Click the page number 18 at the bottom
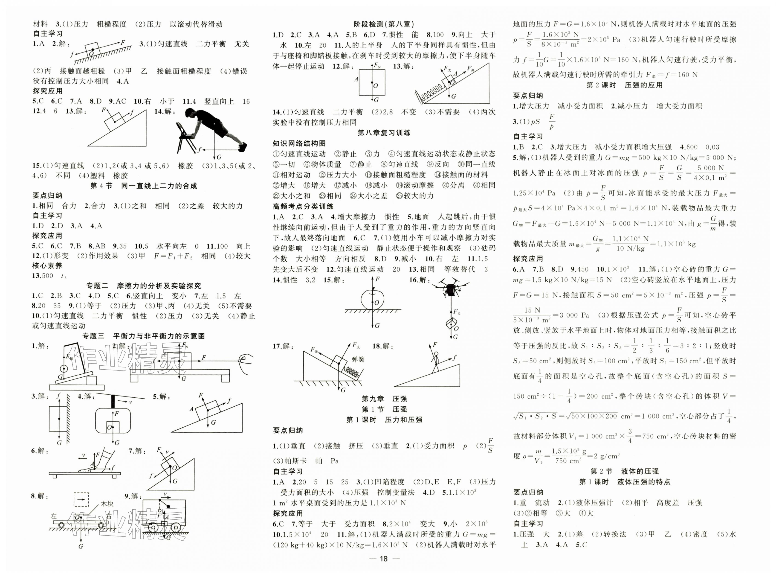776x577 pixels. tap(384, 559)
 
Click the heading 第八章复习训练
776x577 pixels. tap(384, 133)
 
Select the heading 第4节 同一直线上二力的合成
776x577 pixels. tap(144, 186)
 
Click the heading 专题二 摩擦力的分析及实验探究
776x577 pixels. tap(144, 286)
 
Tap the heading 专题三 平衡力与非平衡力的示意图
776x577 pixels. tap(144, 336)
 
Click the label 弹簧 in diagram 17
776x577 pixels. tap(358, 359)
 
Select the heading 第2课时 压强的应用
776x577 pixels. tap(625, 85)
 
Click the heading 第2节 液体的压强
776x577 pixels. tap(625, 471)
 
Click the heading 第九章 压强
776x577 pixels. tap(384, 399)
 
